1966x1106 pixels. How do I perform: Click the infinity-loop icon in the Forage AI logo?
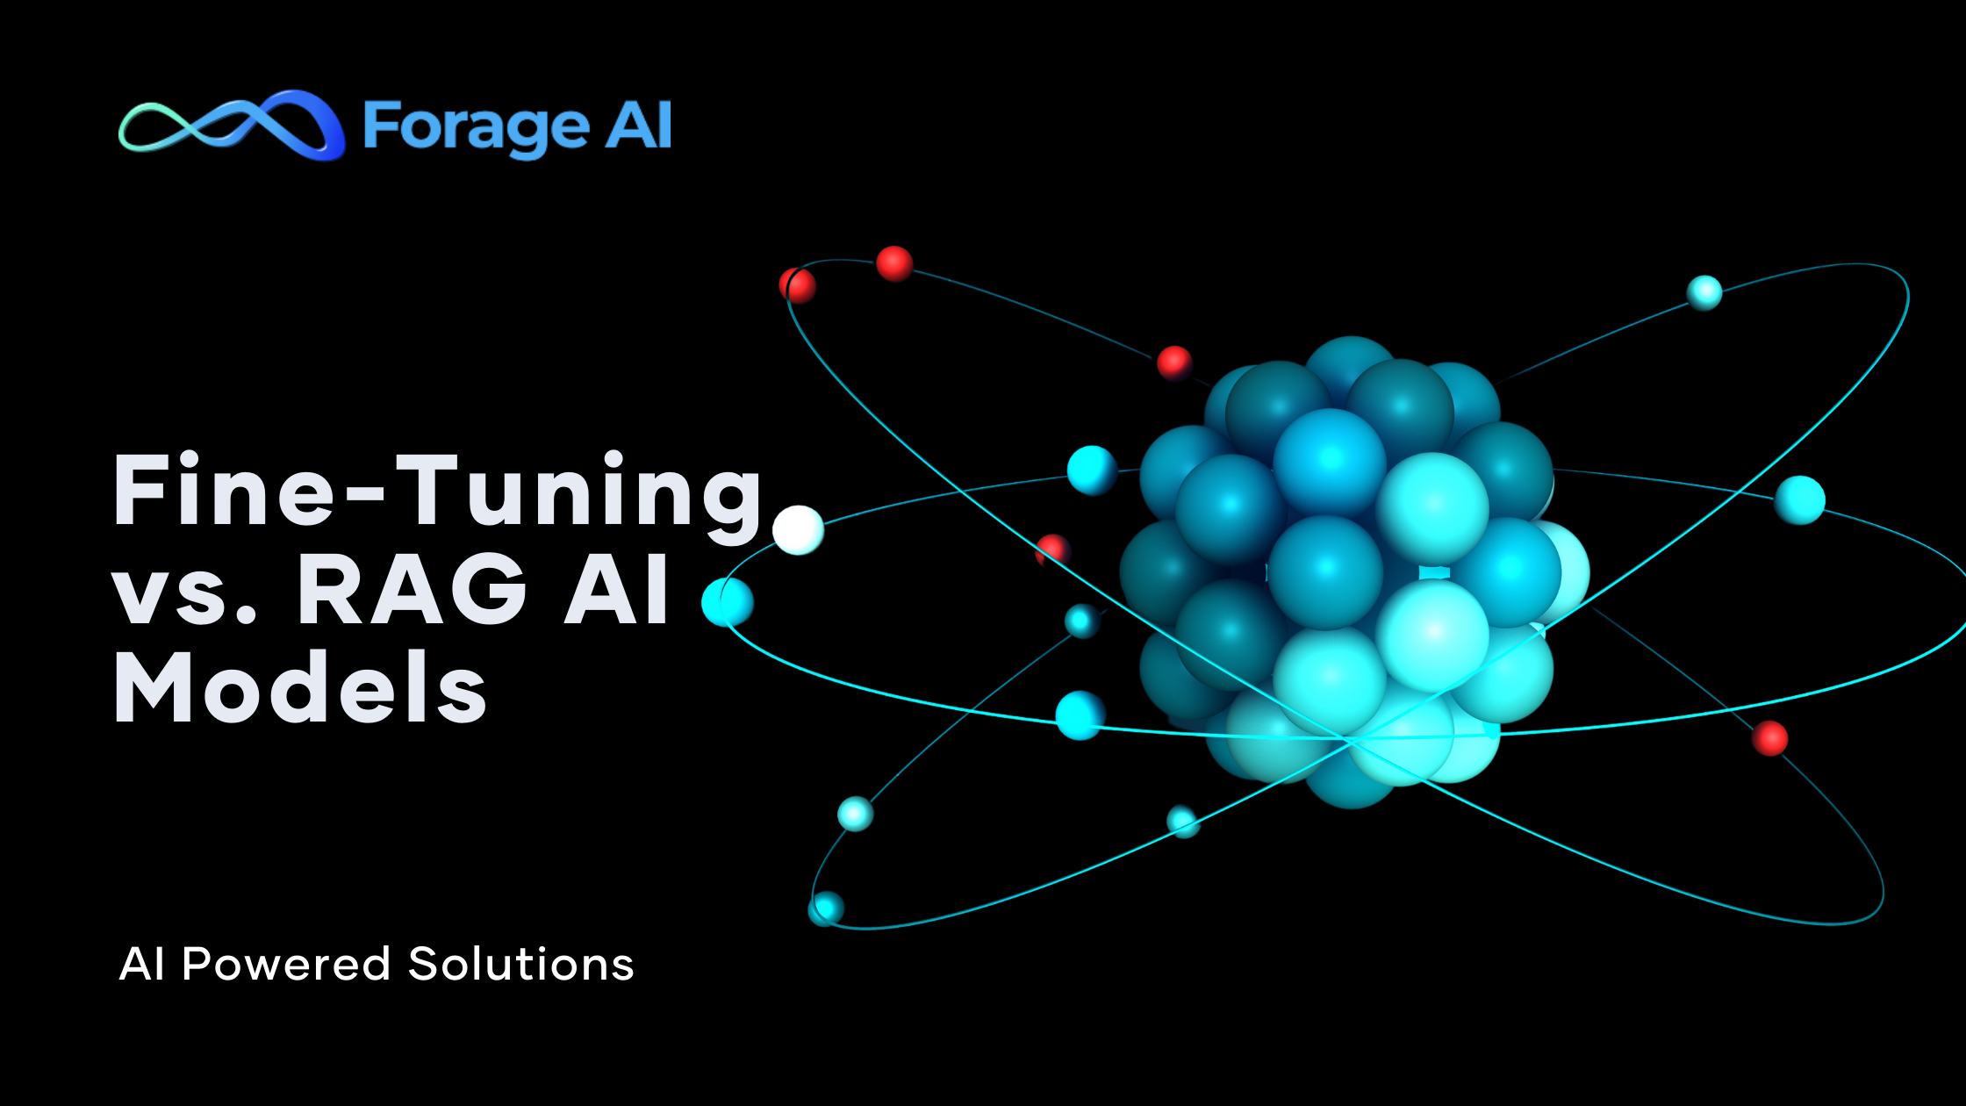(x=230, y=126)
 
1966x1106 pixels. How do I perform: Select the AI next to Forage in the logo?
(x=640, y=126)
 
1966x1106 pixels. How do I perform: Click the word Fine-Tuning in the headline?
(x=437, y=493)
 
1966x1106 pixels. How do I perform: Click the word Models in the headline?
(x=300, y=689)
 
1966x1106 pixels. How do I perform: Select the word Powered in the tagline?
(x=286, y=964)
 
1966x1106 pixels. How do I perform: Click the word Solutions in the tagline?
(x=520, y=964)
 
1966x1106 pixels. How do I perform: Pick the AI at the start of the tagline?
(x=142, y=964)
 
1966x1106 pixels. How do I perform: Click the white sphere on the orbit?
(x=798, y=530)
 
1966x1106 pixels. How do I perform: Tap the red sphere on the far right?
(x=1769, y=738)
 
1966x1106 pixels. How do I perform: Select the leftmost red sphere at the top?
(x=797, y=285)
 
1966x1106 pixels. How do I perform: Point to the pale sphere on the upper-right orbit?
(x=1704, y=292)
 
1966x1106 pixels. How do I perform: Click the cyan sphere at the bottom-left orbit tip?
(x=826, y=908)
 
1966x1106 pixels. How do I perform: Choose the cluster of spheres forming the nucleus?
(x=1347, y=571)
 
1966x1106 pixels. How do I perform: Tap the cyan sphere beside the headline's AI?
(x=728, y=602)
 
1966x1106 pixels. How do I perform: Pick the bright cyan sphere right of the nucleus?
(x=1799, y=499)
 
